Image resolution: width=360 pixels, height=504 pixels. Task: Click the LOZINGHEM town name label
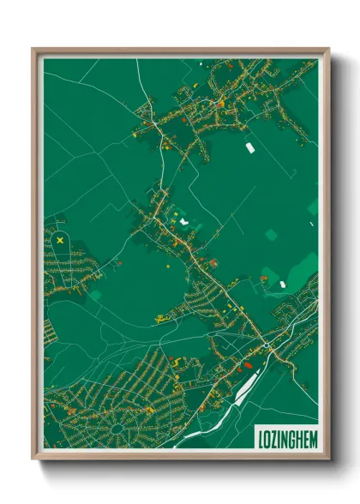(287, 438)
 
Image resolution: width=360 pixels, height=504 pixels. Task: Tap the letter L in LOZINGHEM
(261, 438)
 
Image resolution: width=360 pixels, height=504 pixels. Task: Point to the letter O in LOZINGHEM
(267, 438)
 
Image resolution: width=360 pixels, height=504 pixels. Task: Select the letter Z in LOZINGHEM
(274, 438)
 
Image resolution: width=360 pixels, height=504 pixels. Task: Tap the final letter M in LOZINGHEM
(312, 438)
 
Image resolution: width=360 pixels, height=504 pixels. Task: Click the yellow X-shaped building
(60, 241)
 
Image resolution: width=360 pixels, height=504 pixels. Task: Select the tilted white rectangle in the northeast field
(250, 147)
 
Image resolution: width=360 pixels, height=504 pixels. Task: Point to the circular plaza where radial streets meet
(115, 426)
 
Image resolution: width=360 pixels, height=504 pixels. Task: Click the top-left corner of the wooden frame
(33, 49)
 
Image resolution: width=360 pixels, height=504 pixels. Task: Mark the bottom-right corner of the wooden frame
(328, 460)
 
